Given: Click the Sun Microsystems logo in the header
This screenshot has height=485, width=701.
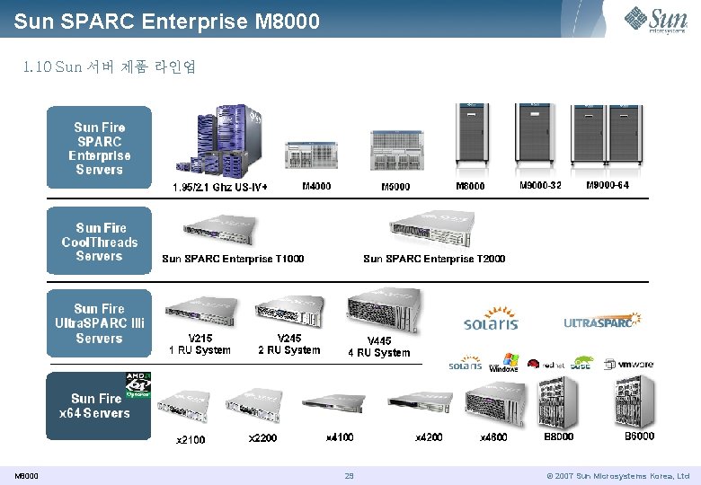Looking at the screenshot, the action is pos(660,19).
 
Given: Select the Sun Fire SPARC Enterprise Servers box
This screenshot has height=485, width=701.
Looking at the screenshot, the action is pos(100,148).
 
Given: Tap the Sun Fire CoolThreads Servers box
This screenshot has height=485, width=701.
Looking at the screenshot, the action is pos(100,242).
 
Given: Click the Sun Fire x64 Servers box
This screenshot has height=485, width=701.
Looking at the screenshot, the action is pos(100,406).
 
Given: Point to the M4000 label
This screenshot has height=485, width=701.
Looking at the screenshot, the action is pos(316,187).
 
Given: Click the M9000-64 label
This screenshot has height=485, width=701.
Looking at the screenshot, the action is pos(608,186).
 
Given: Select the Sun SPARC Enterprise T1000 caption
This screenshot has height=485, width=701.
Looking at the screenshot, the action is pos(233,259).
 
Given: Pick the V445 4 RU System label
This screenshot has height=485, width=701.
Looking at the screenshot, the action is pos(379,347).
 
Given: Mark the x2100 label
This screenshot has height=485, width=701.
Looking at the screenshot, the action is pos(190,440).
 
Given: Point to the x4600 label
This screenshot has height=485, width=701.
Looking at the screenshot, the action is pos(493,437).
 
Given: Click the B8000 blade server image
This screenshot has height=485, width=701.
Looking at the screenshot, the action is pos(558,401).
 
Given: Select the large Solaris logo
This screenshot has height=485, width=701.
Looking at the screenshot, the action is pos(491,321).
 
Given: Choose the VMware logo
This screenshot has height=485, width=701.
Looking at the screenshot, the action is pos(629,365).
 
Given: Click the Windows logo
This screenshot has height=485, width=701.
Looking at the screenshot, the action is pos(504,363).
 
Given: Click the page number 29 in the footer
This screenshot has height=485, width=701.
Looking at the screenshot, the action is pos(350,475).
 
